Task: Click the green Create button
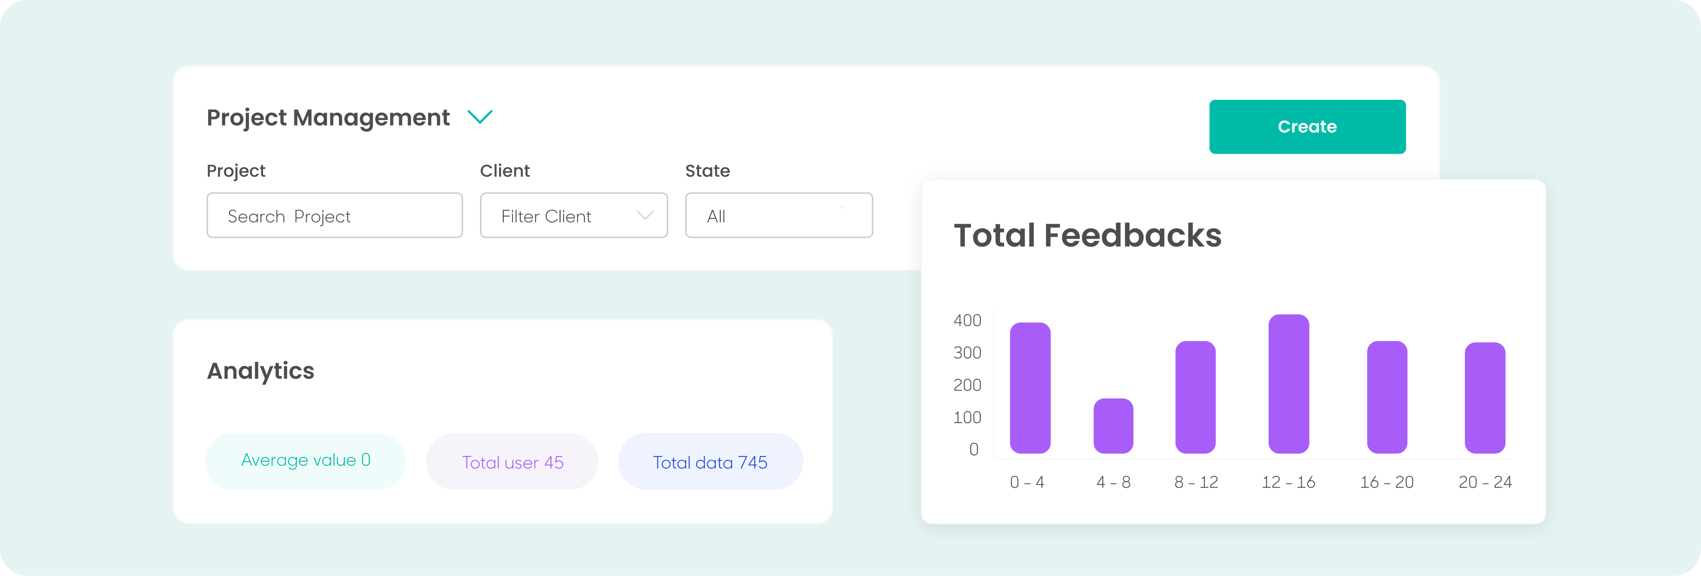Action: pyautogui.click(x=1307, y=127)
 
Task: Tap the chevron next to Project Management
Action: pyautogui.click(x=480, y=117)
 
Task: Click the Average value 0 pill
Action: pyautogui.click(x=305, y=461)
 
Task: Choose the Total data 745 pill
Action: pyautogui.click(x=710, y=462)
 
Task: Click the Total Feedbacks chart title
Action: pyautogui.click(x=1087, y=236)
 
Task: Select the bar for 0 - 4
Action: pyautogui.click(x=1030, y=388)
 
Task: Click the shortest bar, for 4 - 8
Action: pyautogui.click(x=1113, y=426)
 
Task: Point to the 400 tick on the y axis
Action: pyautogui.click(x=968, y=320)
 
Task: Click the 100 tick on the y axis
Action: pyautogui.click(x=968, y=417)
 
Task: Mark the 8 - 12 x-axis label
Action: pyautogui.click(x=1196, y=482)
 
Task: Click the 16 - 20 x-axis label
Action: pyautogui.click(x=1387, y=482)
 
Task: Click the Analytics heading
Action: pyautogui.click(x=261, y=371)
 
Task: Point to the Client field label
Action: pyautogui.click(x=505, y=171)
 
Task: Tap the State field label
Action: pyautogui.click(x=707, y=171)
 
